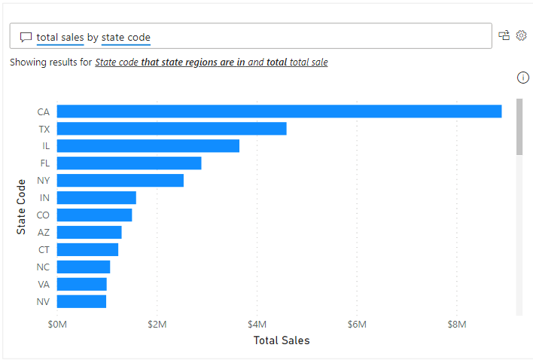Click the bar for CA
[279, 111]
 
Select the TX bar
[172, 129]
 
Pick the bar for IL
[148, 146]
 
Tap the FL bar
[129, 163]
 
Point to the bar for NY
[120, 180]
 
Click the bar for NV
[81, 301]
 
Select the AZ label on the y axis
[44, 233]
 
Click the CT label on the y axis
[44, 250]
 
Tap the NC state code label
[44, 267]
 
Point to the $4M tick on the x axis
[257, 325]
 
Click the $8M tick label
[457, 325]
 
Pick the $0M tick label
[57, 325]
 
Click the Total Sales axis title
[281, 340]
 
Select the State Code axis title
[21, 206]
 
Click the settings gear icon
[521, 35]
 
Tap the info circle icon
[523, 78]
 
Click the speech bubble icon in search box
[26, 37]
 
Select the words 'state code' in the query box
[126, 37]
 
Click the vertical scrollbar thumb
[519, 126]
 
